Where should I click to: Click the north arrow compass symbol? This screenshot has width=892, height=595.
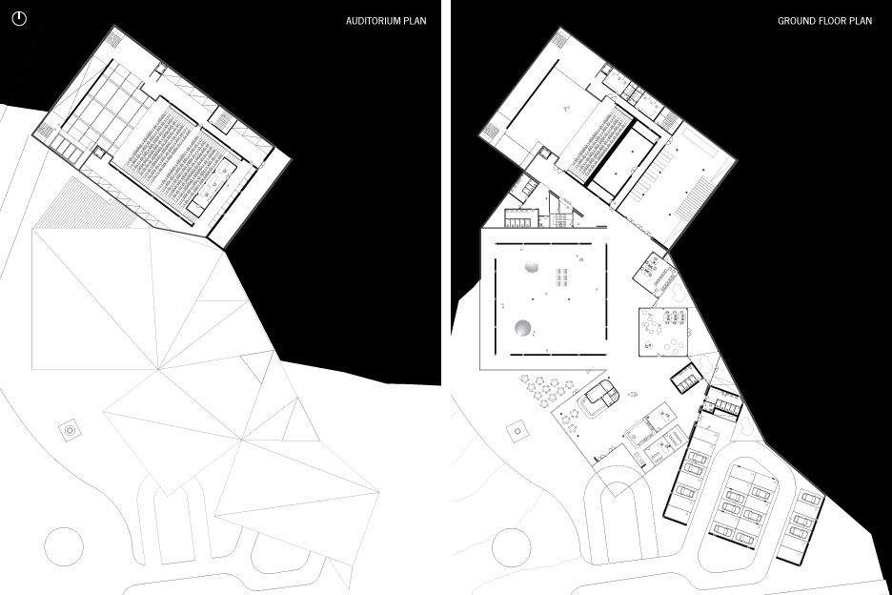click(19, 18)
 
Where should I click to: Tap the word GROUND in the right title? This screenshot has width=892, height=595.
click(796, 20)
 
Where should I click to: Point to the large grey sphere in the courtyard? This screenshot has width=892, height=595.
click(523, 329)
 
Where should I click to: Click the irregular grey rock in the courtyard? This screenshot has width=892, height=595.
click(532, 269)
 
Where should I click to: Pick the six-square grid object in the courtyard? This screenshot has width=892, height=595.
click(562, 277)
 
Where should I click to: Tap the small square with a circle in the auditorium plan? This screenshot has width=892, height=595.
click(71, 431)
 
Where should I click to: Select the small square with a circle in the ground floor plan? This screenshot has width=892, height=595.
click(517, 431)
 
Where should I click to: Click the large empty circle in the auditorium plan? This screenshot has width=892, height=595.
click(64, 546)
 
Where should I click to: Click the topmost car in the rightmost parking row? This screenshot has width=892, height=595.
click(811, 499)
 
